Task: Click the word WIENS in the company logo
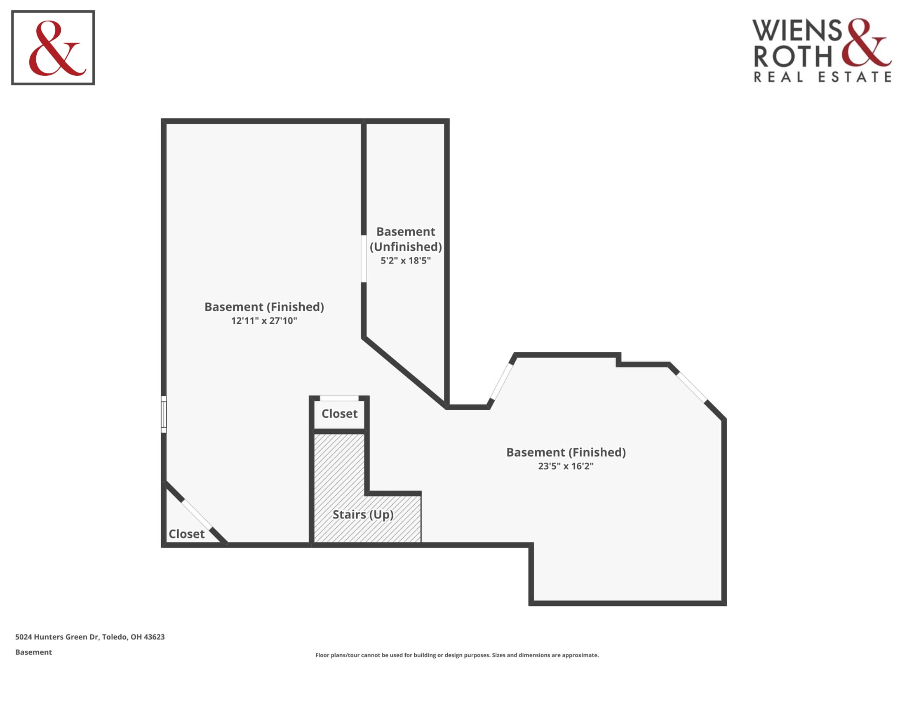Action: click(797, 31)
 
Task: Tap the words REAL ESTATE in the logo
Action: click(822, 77)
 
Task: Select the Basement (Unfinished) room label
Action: click(406, 239)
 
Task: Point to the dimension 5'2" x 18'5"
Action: click(406, 260)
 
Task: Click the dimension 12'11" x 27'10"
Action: click(264, 320)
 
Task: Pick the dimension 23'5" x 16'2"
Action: click(566, 466)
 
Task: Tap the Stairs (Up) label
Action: click(363, 515)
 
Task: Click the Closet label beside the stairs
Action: click(339, 414)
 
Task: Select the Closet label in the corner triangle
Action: click(186, 534)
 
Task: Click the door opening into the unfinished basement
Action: click(363, 259)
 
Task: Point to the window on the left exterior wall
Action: click(164, 414)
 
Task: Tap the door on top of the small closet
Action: click(339, 398)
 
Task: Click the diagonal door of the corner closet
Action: click(197, 514)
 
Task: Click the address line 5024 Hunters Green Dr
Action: click(90, 637)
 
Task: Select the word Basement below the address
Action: click(34, 652)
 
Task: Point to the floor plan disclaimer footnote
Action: click(457, 655)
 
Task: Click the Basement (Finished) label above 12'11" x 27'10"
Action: click(264, 307)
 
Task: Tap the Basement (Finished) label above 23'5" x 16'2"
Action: click(566, 452)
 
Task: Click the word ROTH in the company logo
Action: click(793, 56)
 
